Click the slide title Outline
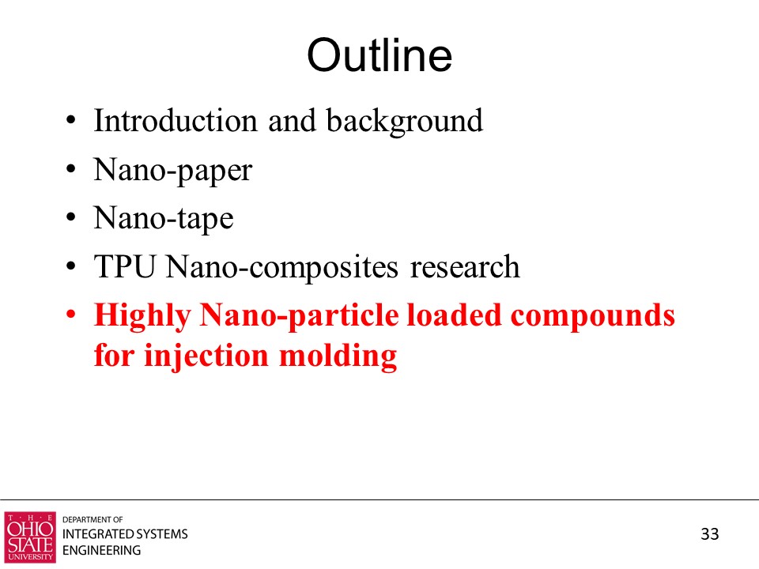(379, 55)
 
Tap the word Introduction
(176, 120)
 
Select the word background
(405, 122)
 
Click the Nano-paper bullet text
(173, 171)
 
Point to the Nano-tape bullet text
(164, 219)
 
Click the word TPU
(124, 266)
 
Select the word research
(465, 268)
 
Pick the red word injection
(206, 356)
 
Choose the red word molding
(338, 356)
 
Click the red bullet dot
(71, 315)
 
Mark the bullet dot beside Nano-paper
(71, 169)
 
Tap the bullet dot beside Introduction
(71, 120)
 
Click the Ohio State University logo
(30, 537)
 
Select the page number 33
(710, 534)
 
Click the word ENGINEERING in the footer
(102, 551)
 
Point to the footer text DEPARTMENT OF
(93, 520)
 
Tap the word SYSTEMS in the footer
(161, 534)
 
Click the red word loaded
(454, 315)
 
